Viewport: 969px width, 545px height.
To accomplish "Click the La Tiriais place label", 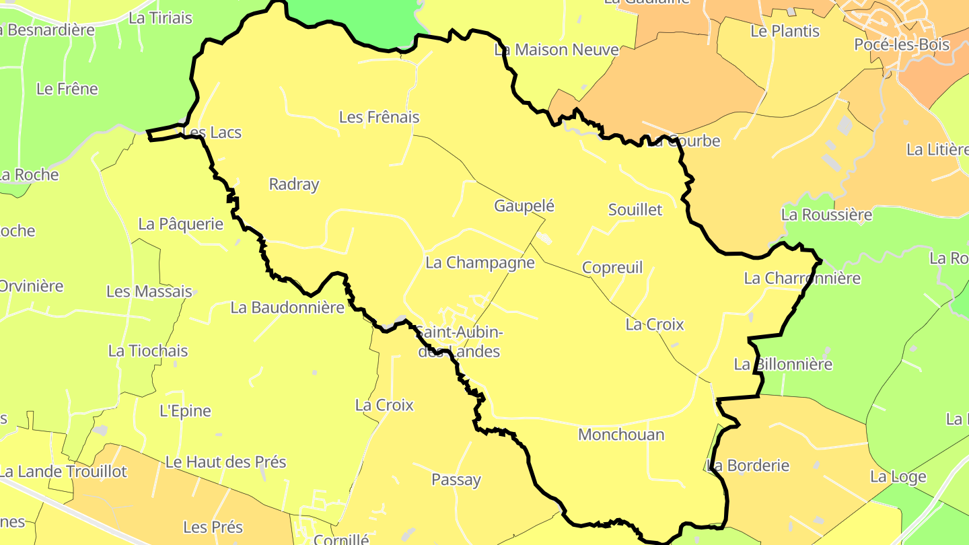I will coord(160,18).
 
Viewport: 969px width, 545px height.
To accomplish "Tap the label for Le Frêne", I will coord(67,89).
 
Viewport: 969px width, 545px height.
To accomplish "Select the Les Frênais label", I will coord(379,117).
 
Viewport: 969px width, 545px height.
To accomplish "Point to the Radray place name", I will coord(294,184).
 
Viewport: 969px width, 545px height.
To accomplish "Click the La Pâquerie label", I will coord(180,224).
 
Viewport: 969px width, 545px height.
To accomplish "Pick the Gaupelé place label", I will coord(524,206).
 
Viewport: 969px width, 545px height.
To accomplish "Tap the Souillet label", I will coord(635,210).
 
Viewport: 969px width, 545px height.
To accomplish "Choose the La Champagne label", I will coord(480,262).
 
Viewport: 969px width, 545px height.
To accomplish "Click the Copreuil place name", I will coord(612,268).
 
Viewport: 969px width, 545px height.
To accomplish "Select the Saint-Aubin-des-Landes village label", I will coord(458,342).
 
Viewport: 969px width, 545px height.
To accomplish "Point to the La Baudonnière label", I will coord(287,307).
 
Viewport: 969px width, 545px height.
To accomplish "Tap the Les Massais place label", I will coord(149,292).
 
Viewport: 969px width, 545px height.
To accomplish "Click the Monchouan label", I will coord(621,435).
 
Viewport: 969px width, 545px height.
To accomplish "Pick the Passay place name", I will coord(456,480).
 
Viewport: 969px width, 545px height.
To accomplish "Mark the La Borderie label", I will coord(749,466).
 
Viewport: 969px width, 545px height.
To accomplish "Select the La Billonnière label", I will coord(783,365).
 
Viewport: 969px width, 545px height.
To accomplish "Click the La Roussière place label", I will coord(826,215).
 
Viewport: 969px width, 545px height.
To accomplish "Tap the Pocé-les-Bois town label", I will coord(902,45).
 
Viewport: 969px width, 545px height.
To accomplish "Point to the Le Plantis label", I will coord(785,32).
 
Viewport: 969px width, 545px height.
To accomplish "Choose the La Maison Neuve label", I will coord(557,50).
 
